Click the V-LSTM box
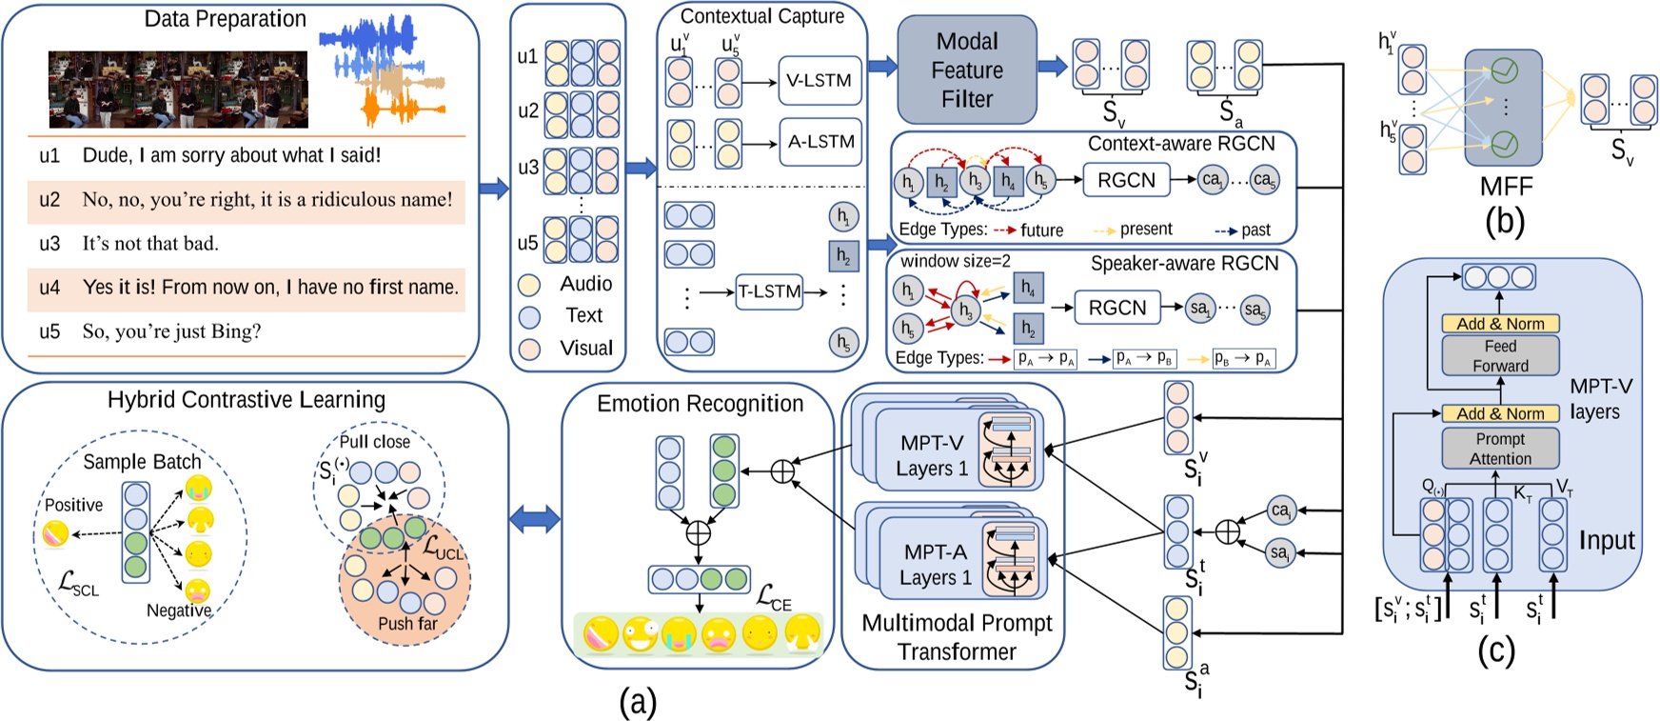point(819,81)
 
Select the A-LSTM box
point(820,142)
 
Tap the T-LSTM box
point(769,291)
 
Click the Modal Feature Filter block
point(966,70)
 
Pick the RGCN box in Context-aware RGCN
point(1126,180)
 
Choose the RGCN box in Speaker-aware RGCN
point(1117,308)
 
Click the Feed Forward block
point(1500,356)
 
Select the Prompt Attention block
point(1500,449)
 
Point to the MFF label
point(1506,187)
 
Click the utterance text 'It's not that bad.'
point(150,244)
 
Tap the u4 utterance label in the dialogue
point(49,287)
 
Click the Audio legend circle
point(529,285)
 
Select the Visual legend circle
point(529,349)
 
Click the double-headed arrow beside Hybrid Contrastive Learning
point(535,520)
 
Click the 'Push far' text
point(407,624)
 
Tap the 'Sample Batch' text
point(142,462)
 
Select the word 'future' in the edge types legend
point(1041,230)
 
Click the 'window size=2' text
point(956,262)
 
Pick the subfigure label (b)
point(1505,221)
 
